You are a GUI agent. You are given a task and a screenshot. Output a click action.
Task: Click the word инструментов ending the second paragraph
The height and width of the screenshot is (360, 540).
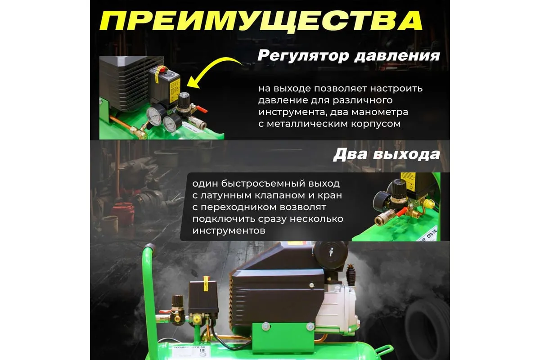pos(229,231)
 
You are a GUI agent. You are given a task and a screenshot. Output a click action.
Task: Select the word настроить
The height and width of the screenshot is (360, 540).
pos(396,89)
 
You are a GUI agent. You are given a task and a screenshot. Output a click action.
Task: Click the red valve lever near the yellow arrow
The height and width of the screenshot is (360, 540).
pos(202,109)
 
